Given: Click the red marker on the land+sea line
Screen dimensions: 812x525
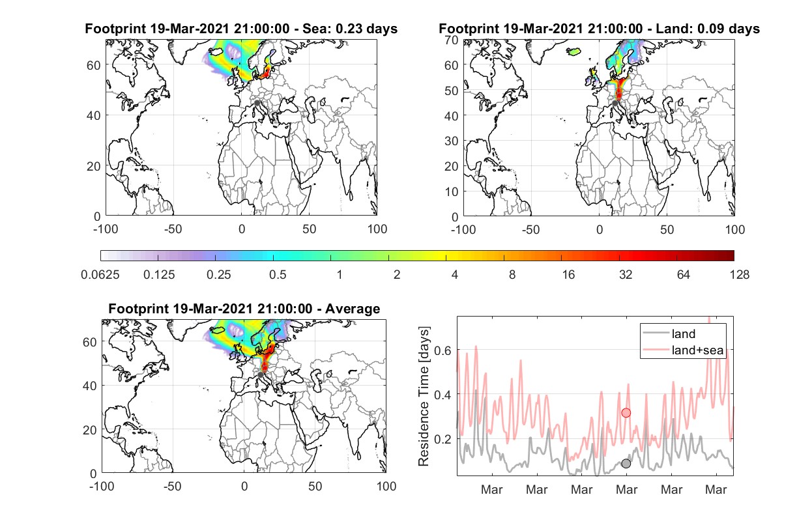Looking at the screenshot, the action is (626, 413).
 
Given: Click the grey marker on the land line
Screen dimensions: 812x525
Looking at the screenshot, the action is (626, 463).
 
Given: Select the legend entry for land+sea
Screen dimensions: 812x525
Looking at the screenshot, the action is (684, 350).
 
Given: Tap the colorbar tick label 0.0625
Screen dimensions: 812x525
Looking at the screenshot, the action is (100, 275).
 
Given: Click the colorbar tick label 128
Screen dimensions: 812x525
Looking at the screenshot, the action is (739, 275).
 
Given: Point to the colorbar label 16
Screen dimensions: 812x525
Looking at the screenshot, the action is (568, 275).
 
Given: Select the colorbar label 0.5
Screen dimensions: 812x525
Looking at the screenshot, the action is (278, 275).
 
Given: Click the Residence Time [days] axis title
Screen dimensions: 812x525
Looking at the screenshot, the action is (424, 397).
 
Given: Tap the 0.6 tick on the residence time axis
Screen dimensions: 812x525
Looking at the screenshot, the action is (443, 350).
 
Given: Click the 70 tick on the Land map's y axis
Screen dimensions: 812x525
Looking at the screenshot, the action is (452, 40).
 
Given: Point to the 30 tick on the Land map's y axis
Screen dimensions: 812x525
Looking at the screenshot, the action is (452, 141).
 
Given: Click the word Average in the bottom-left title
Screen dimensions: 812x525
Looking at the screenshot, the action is (353, 309).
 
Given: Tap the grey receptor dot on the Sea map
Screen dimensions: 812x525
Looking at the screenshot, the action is (257, 103).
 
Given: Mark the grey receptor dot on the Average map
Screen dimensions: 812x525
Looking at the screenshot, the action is (260, 375).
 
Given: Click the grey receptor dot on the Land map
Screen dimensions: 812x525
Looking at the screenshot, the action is (615, 104).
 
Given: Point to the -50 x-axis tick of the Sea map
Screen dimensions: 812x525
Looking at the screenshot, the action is (173, 229).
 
